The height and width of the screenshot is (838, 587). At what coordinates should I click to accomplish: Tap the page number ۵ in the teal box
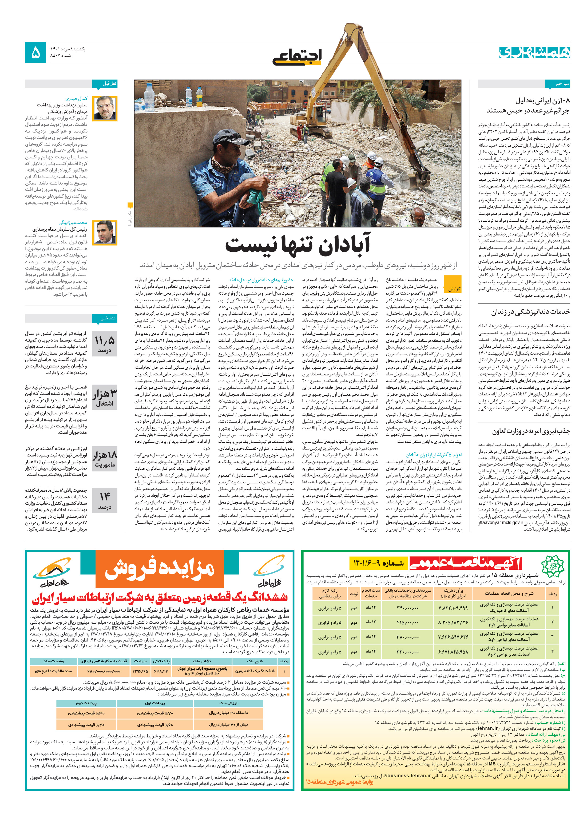(36, 53)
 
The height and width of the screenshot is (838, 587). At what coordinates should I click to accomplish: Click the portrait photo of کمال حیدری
(105, 109)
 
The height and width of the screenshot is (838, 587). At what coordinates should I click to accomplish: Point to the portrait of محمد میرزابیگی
(105, 232)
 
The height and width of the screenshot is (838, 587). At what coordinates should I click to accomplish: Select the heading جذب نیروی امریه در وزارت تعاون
(530, 431)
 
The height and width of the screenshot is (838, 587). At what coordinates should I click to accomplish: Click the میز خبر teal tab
(558, 84)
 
